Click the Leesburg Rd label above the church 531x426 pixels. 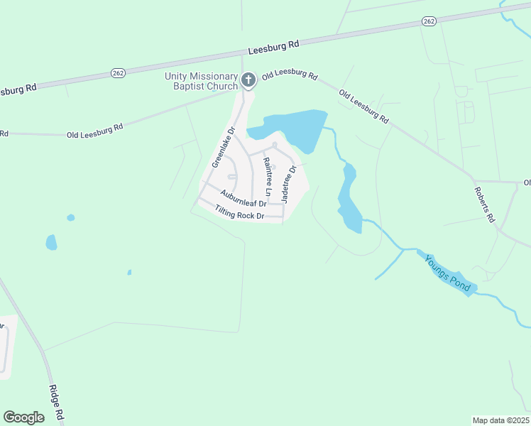(x=274, y=47)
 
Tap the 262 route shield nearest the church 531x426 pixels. (x=118, y=72)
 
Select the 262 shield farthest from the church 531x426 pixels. (x=428, y=22)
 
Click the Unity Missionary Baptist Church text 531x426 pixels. (x=201, y=81)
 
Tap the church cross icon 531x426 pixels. (x=248, y=80)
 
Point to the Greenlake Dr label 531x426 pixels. (x=223, y=148)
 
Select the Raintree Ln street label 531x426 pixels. (x=268, y=177)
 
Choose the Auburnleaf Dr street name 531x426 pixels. (x=243, y=198)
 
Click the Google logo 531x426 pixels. (x=23, y=417)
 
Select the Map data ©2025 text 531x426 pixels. (x=500, y=420)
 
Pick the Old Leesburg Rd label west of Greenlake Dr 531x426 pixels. (x=94, y=131)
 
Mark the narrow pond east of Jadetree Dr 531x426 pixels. (x=348, y=199)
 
